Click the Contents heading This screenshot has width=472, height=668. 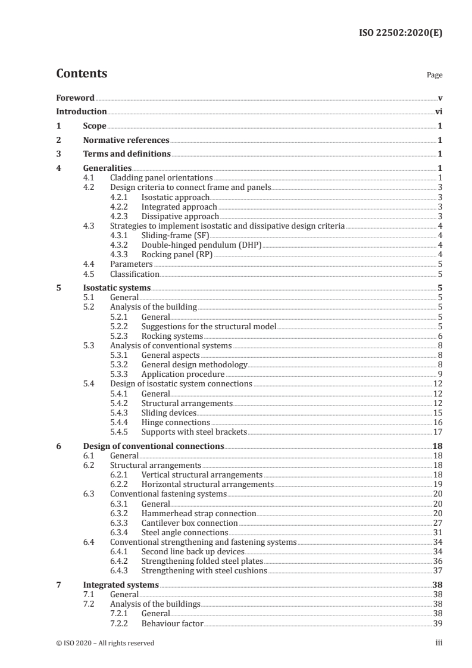[82, 74]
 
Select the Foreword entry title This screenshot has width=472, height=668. [76, 98]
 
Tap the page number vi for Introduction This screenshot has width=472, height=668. [438, 111]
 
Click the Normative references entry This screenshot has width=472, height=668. [126, 140]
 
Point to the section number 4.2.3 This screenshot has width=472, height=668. [121, 216]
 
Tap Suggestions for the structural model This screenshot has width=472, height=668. [209, 326]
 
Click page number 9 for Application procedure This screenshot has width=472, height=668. [440, 374]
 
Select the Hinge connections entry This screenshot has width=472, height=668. [176, 422]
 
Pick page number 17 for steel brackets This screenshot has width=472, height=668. [437, 432]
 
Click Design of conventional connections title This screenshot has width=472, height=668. [154, 446]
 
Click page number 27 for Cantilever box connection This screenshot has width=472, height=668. [437, 522]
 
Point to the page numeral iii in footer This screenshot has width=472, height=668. [439, 643]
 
